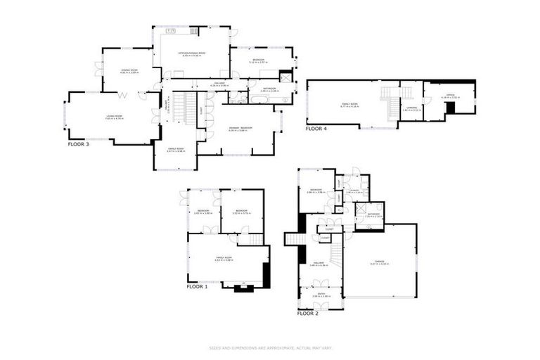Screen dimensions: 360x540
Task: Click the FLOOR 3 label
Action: pos(78,144)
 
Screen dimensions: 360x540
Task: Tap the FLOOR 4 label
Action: pos(316,129)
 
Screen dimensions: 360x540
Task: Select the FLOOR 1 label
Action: pos(197,287)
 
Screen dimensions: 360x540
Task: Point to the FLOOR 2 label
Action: pos(307,314)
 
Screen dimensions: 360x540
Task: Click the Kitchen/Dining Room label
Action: pos(191,53)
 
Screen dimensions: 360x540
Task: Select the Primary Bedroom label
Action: pos(240,127)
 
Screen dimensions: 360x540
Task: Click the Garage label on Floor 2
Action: pos(379,263)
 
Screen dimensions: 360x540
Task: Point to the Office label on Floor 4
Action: pos(449,95)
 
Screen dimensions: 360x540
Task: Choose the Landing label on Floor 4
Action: pos(411,108)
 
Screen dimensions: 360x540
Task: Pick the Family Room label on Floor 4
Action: pos(349,105)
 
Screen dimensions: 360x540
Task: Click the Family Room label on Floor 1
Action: pos(224,259)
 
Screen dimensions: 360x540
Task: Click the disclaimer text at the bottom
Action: pos(269,347)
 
